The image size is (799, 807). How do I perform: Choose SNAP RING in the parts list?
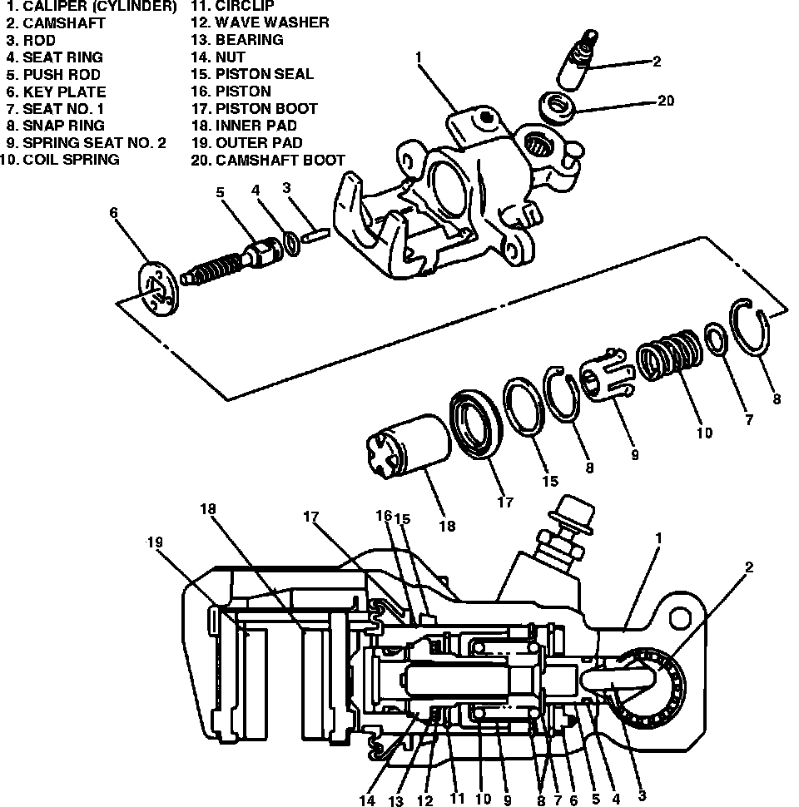pyautogui.click(x=63, y=126)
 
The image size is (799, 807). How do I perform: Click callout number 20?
pyautogui.click(x=665, y=101)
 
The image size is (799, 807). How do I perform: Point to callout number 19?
pyautogui.click(x=156, y=542)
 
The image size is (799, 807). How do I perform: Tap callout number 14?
pyautogui.click(x=367, y=800)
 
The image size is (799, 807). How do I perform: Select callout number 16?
pyautogui.click(x=384, y=516)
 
